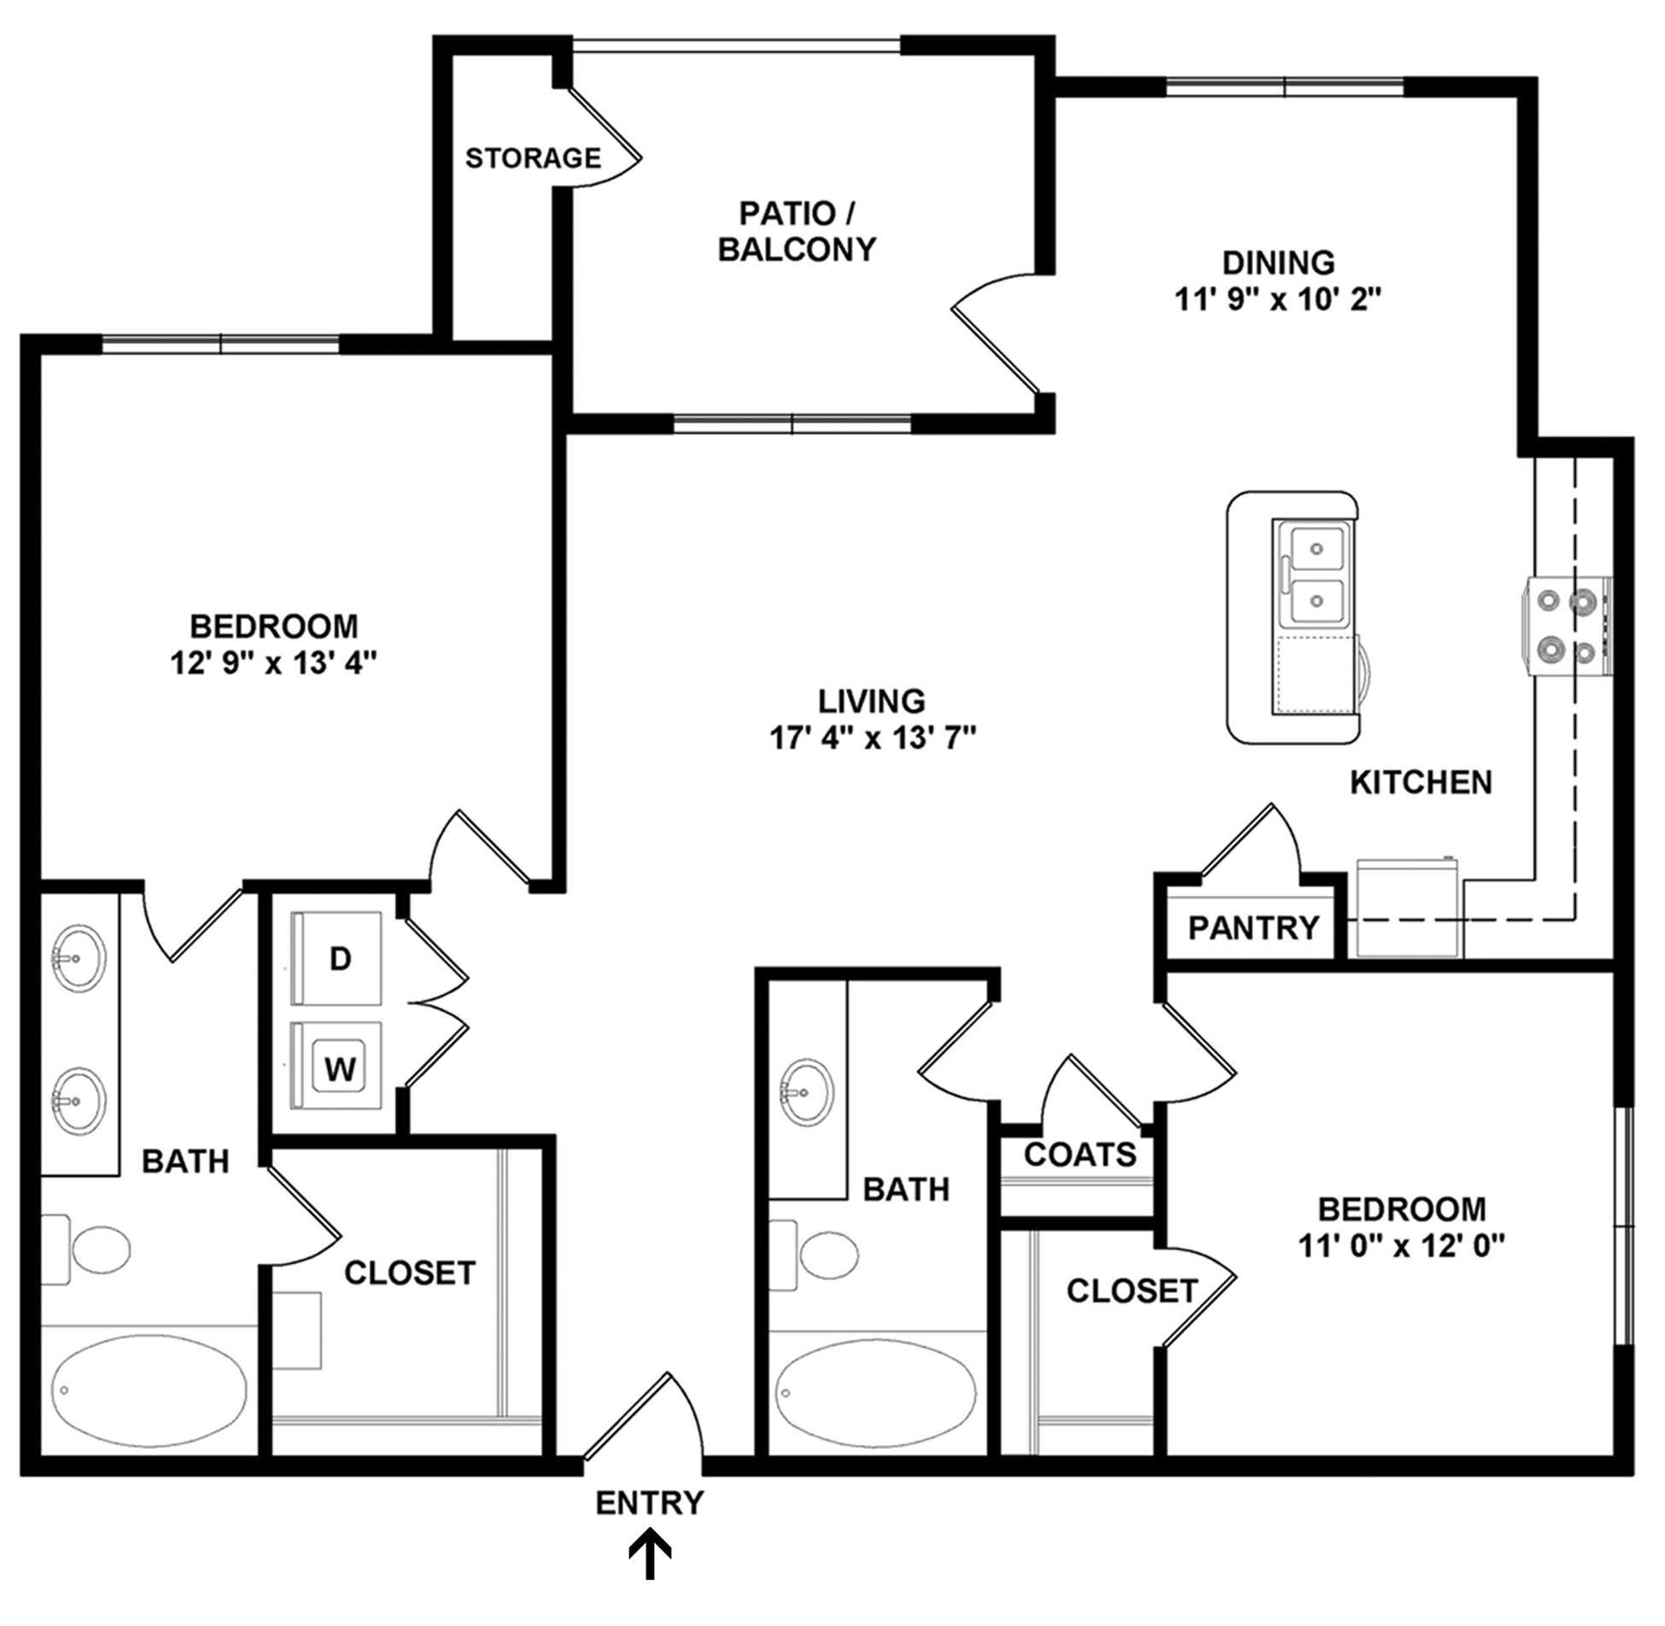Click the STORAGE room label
coord(533,158)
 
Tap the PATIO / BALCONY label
coord(797,231)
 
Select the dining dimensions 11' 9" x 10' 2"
coord(1278,299)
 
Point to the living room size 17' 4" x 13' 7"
coord(872,737)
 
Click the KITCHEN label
coord(1421,782)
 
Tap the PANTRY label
coord(1253,927)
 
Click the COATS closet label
coord(1080,1155)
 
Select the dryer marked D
coord(336,958)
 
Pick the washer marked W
coord(336,1066)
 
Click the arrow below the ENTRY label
coord(650,1553)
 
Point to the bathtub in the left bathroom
coord(149,1390)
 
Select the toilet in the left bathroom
coord(85,1249)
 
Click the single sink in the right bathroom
coord(807,1092)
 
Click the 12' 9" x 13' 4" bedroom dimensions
coord(273,663)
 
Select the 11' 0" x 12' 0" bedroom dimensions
coord(1401,1246)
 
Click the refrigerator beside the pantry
coord(1410,908)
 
